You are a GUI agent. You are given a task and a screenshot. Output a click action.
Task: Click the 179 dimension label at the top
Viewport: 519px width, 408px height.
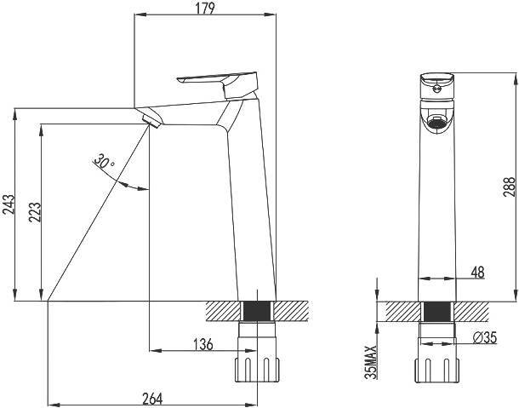point(205,8)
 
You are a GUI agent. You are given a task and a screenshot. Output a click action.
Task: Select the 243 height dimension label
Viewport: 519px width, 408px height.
point(9,204)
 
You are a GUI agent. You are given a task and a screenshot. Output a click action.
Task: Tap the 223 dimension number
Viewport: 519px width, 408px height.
point(34,212)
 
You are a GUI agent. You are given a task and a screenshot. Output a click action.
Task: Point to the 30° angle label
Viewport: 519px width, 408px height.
point(104,161)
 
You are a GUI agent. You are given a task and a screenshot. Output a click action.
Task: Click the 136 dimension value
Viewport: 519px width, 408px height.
point(202,344)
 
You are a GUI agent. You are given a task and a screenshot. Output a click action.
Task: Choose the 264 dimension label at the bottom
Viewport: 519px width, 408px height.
point(152,399)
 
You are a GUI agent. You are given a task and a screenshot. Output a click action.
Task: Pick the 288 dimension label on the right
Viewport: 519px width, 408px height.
point(509,187)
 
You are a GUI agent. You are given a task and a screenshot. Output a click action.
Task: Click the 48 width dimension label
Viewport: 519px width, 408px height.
point(477,272)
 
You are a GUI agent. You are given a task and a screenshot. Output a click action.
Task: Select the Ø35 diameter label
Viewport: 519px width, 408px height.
point(485,337)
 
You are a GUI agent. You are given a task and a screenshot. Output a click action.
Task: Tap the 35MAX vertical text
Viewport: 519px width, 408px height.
point(370,362)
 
